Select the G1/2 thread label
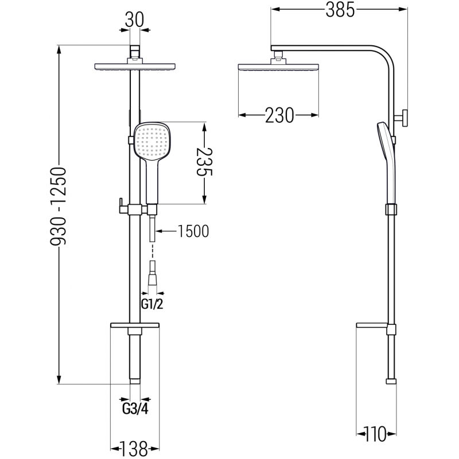tap(151, 305)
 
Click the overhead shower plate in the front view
tap(133, 67)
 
